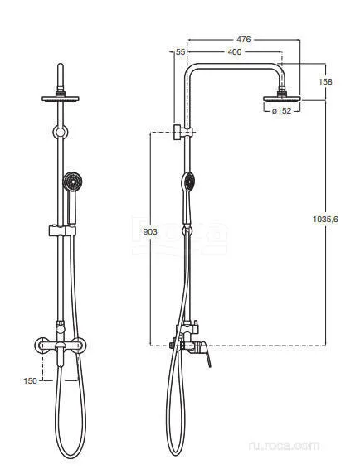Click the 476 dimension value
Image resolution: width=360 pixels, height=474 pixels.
(x=244, y=40)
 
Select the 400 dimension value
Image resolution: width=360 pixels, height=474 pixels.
(x=235, y=52)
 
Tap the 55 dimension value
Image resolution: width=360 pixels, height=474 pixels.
(x=180, y=52)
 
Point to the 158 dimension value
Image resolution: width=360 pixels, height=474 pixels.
(x=325, y=81)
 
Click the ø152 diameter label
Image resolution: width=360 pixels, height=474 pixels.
(x=282, y=111)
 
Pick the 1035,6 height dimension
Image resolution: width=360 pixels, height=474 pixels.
(x=325, y=219)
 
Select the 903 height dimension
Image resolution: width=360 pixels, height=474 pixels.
(x=150, y=232)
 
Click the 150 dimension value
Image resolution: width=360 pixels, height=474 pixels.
(x=30, y=381)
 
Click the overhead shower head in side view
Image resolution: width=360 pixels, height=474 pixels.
(x=282, y=99)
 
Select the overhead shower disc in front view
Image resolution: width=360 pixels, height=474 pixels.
(x=61, y=99)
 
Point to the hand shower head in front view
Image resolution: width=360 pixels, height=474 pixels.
(x=72, y=181)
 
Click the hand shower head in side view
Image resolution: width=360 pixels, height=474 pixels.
(x=187, y=181)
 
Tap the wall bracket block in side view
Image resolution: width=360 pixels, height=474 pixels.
(x=178, y=132)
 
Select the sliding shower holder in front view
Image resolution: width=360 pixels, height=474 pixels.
(x=62, y=230)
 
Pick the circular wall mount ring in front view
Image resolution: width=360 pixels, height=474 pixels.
(x=61, y=132)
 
